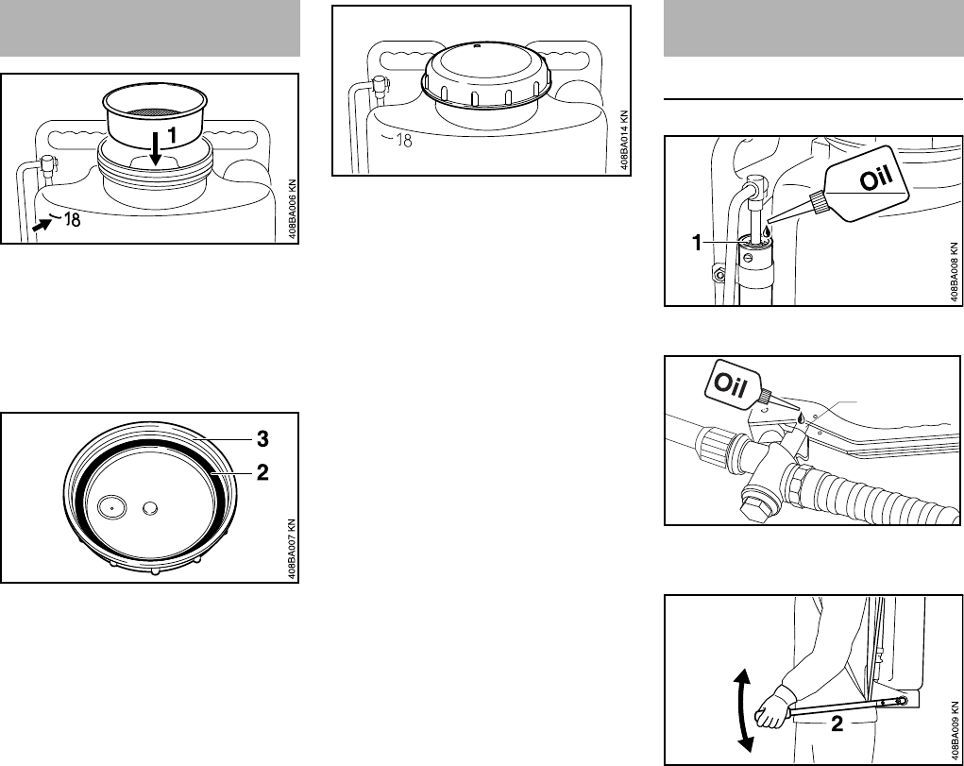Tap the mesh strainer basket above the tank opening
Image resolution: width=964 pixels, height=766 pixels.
pyautogui.click(x=154, y=116)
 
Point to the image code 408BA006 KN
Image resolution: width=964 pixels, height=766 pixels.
pyautogui.click(x=293, y=209)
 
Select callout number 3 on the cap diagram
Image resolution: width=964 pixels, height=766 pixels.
pyautogui.click(x=262, y=438)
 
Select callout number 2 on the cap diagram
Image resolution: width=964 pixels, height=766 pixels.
pyautogui.click(x=262, y=472)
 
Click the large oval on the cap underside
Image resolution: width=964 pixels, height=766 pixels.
pyautogui.click(x=112, y=507)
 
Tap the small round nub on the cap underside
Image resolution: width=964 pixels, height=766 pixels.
pyautogui.click(x=151, y=507)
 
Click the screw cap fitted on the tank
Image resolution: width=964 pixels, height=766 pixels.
pyautogui.click(x=483, y=75)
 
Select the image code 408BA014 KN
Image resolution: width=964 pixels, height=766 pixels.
pyautogui.click(x=625, y=141)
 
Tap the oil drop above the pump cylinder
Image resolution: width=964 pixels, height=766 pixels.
pyautogui.click(x=767, y=231)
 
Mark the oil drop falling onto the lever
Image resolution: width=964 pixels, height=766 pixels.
pyautogui.click(x=801, y=417)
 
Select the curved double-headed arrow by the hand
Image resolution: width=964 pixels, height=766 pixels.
pyautogui.click(x=744, y=710)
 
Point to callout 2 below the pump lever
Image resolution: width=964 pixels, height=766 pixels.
pyautogui.click(x=837, y=724)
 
